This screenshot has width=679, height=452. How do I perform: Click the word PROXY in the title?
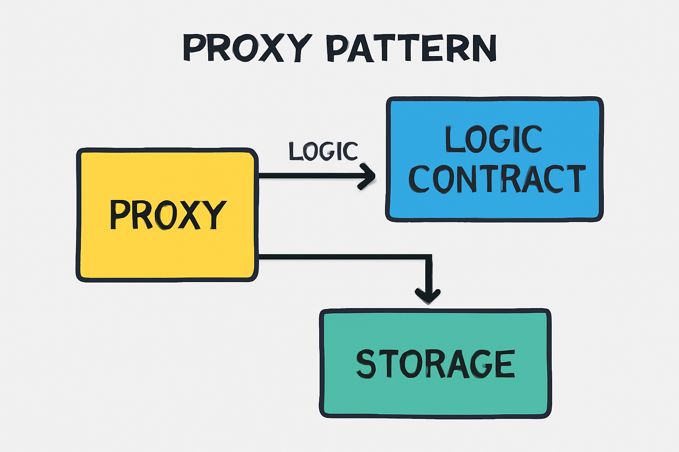point(247,48)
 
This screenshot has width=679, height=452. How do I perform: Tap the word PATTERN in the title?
point(411,48)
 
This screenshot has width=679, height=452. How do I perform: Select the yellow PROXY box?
point(167,256)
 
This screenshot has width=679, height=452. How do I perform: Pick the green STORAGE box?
point(435,397)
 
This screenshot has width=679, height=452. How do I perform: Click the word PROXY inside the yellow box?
point(168,215)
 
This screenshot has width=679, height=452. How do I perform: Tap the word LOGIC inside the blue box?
point(493,139)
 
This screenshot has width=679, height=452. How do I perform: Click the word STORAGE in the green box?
point(436,364)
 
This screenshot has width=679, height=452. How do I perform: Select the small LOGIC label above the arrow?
point(323,151)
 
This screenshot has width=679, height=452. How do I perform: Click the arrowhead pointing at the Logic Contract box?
point(368,176)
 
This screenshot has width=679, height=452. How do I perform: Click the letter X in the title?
point(268,48)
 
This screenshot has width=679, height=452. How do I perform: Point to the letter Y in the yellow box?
point(214,215)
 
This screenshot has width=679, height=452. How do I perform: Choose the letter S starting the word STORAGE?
point(366,364)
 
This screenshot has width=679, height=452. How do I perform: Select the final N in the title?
point(484,48)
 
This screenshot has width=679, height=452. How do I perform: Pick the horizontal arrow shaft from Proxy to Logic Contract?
point(309,176)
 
